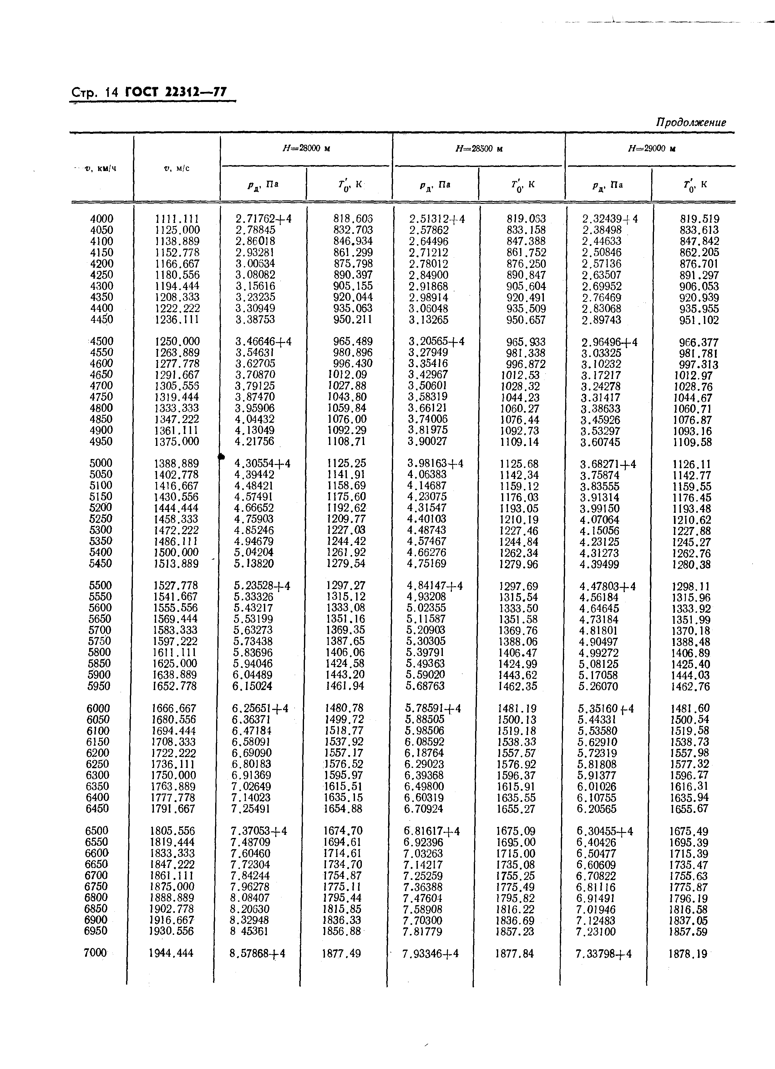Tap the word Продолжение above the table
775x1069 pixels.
coord(691,123)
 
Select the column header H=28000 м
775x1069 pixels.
coord(306,149)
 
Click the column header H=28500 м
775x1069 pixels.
coord(479,149)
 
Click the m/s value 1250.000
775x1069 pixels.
coord(177,341)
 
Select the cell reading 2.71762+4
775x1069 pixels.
coord(264,219)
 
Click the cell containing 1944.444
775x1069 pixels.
coord(171,953)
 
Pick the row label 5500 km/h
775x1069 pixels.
coord(100,585)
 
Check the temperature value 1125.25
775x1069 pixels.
coord(347,463)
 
